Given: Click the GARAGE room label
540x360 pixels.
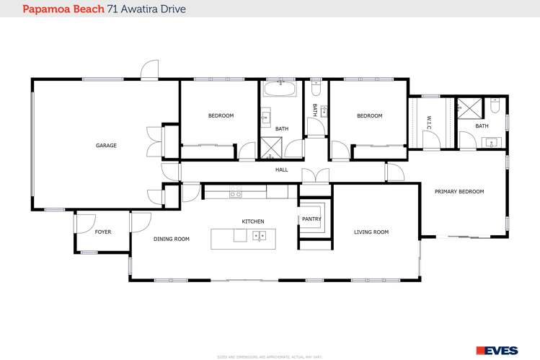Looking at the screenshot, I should tap(106, 146).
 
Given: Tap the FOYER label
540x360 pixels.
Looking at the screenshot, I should tap(103, 232).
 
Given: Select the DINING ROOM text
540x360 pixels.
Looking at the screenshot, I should tap(171, 239).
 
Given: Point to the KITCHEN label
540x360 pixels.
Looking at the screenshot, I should tap(252, 221).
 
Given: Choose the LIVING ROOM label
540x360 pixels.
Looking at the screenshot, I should tap(371, 232).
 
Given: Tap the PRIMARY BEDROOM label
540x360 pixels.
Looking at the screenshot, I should tap(459, 192).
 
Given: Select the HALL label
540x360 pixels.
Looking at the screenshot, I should tap(281, 170).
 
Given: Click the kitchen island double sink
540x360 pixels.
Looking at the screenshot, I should tap(260, 235).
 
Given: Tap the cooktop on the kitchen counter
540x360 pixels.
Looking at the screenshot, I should tap(235, 193).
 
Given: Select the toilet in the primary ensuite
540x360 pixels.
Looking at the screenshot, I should tap(495, 106).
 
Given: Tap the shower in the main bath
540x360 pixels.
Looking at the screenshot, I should tap(271, 147).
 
